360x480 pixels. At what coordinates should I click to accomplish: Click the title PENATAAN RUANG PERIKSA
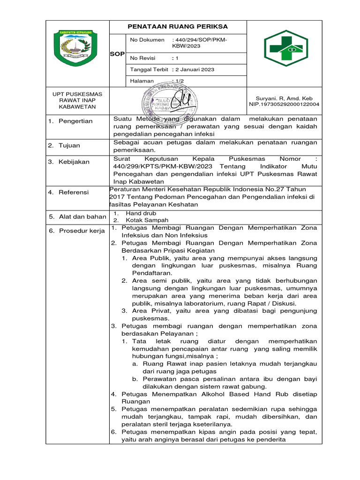178,27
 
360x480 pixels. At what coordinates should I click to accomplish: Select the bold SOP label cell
117,54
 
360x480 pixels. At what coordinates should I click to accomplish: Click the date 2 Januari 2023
195,69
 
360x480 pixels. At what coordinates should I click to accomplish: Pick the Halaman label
142,81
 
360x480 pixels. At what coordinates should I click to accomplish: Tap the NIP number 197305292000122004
284,104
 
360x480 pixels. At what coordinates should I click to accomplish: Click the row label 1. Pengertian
71,121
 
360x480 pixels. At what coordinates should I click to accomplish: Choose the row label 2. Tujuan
64,146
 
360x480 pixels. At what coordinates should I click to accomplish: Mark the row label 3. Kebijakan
69,162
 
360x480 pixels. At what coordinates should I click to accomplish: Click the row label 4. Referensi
69,192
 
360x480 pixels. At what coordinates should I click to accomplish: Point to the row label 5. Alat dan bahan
77,217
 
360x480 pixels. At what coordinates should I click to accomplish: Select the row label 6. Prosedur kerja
77,231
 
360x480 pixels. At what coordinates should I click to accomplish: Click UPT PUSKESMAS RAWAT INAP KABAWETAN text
76,100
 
